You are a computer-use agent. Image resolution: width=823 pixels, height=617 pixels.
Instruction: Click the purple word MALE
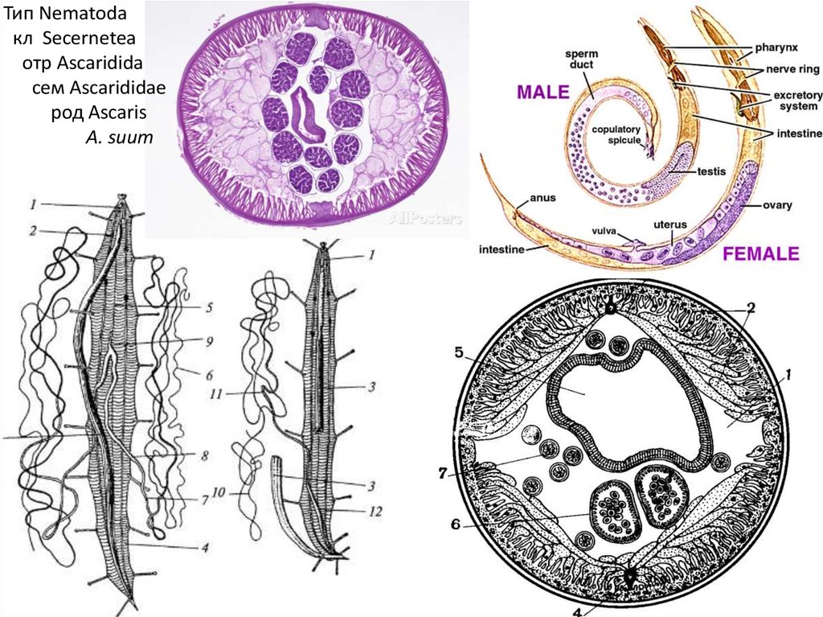[x=543, y=92]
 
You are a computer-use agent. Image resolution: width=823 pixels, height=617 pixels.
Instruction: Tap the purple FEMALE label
[x=760, y=255]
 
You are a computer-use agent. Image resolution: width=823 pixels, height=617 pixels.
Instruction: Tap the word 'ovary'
[x=777, y=205]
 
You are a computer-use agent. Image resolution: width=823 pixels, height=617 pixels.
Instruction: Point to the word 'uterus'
[x=669, y=224]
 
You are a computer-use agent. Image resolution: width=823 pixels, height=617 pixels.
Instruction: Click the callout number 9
[x=207, y=341]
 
